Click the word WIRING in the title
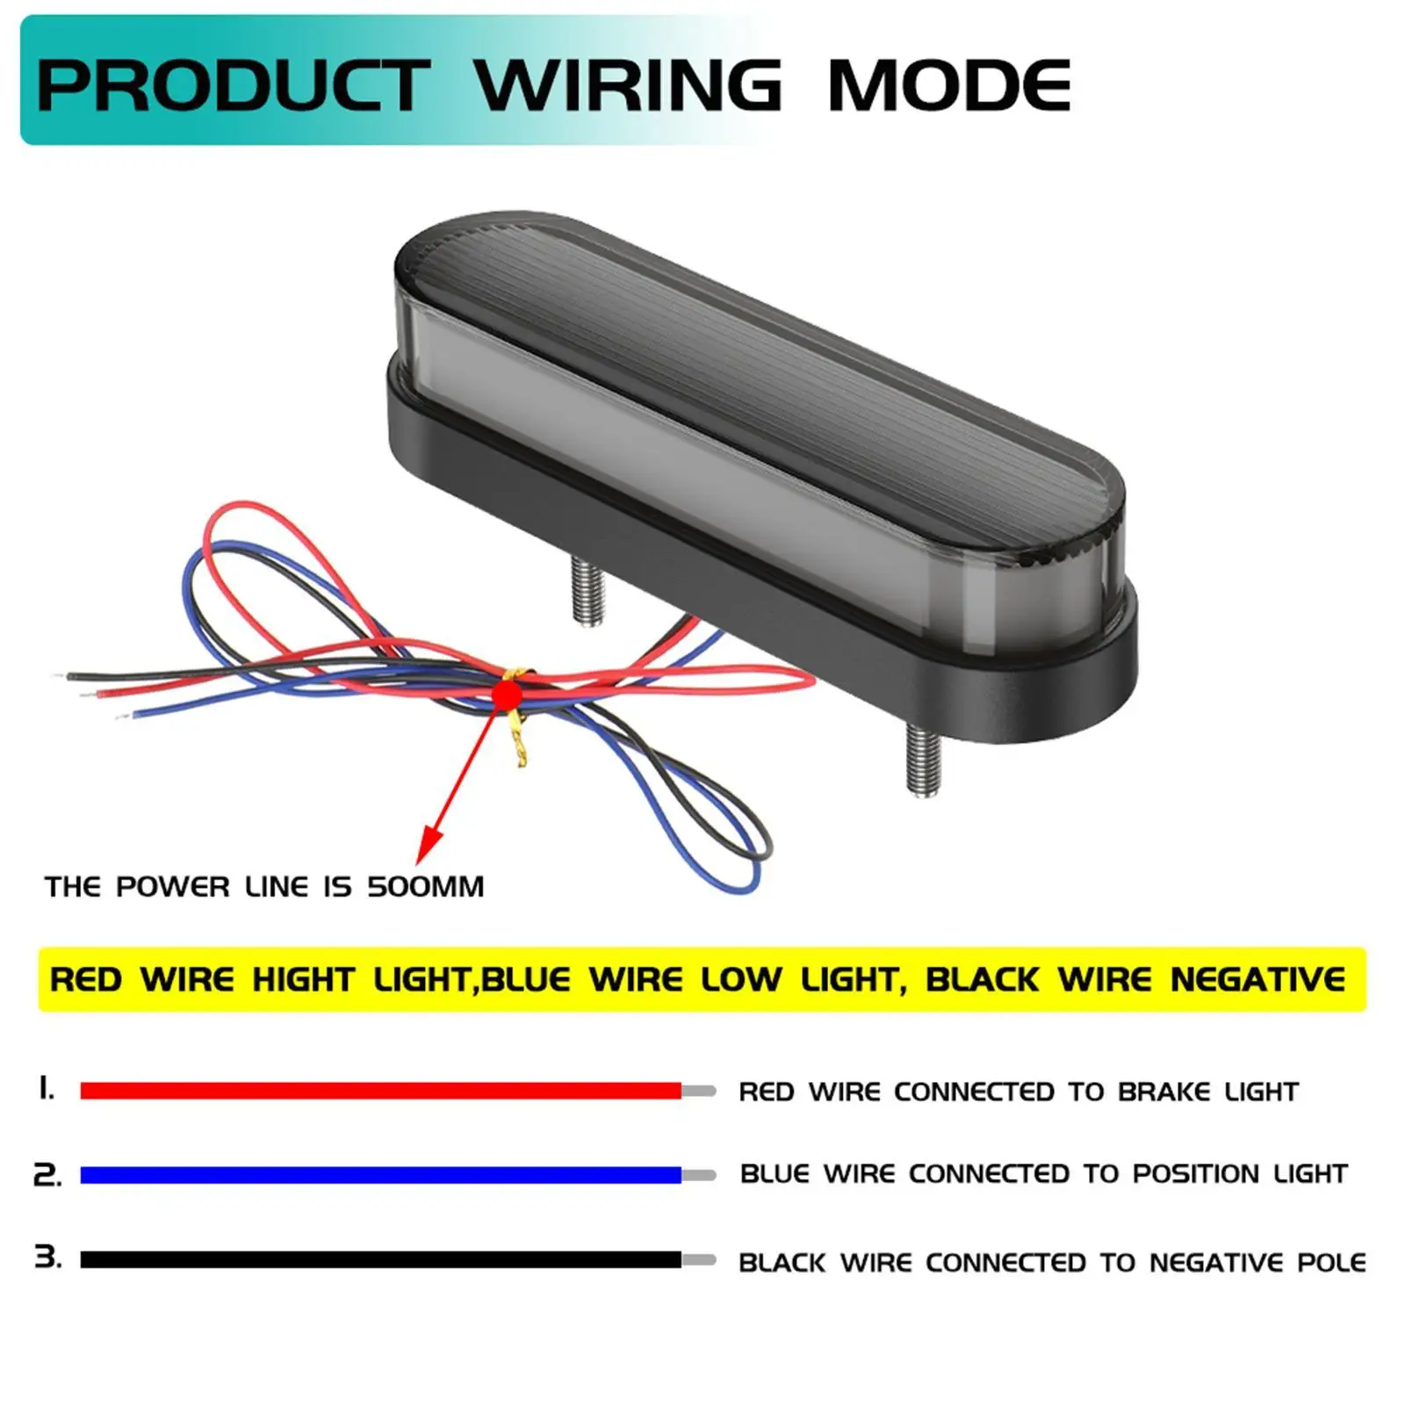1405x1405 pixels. coord(628,85)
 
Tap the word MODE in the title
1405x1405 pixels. coord(948,85)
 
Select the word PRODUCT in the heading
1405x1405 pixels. coord(233,85)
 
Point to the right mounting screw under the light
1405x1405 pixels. coord(922,759)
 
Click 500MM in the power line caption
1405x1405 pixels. coord(425,887)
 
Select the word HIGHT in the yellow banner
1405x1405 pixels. coord(303,979)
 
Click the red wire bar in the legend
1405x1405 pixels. coord(380,1091)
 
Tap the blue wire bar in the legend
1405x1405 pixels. coord(380,1175)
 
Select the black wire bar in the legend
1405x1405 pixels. coord(380,1259)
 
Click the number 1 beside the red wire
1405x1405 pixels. coord(47,1089)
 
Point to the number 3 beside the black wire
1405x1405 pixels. coord(48,1257)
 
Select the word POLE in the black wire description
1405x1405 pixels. coord(1331,1263)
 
